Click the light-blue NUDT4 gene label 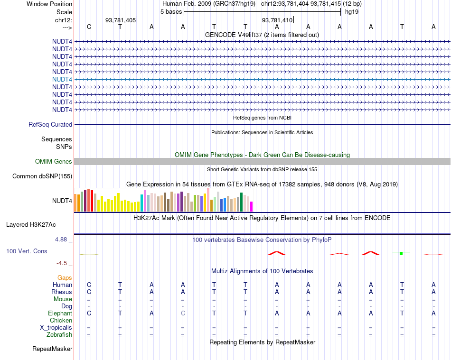tap(62, 79)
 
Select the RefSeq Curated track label tap(50, 124)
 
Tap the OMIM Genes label tap(54, 162)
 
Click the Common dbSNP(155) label tap(42, 176)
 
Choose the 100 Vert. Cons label tap(27, 251)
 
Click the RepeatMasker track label tap(52, 349)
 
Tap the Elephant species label tap(60, 313)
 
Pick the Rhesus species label tap(62, 292)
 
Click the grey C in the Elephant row tap(183, 313)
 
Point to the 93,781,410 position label tap(277, 20)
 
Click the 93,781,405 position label tap(121, 20)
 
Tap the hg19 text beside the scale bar tap(352, 11)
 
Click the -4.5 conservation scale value tap(62, 263)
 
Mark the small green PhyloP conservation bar tap(401, 254)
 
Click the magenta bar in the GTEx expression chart tap(252, 206)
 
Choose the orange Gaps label tap(65, 277)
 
